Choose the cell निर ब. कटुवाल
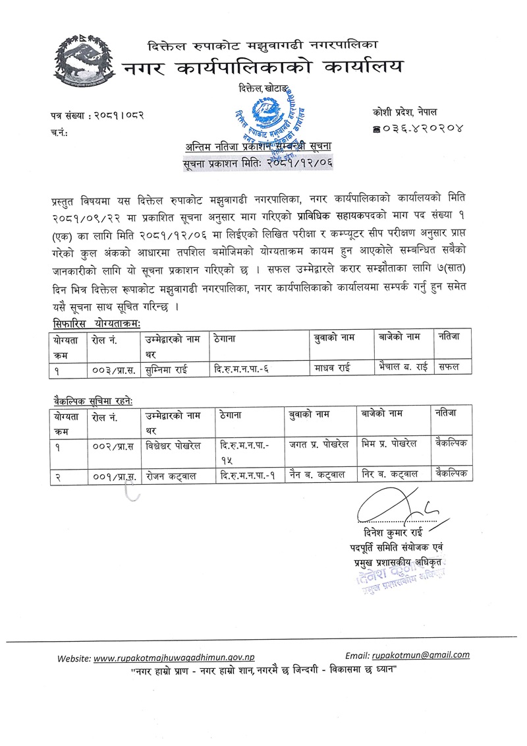point(390,474)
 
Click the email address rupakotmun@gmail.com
point(421,655)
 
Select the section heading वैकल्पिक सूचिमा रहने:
point(94,401)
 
